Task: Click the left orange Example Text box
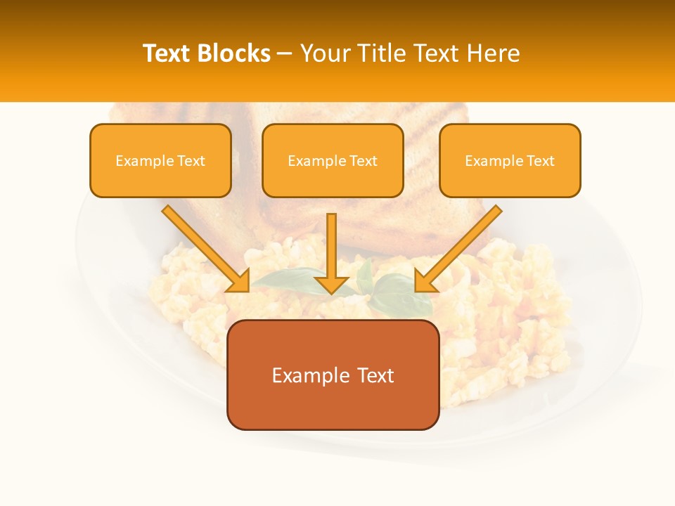point(160,160)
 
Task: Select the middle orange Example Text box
point(333,160)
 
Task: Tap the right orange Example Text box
point(510,160)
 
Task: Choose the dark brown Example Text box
point(333,375)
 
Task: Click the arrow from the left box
point(204,247)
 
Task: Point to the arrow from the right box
point(461,247)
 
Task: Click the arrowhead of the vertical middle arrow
point(332,284)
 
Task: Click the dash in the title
point(285,53)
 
